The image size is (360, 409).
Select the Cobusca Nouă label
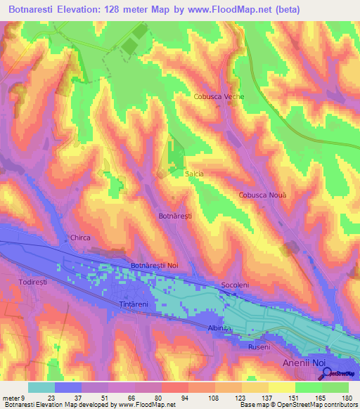(x=262, y=195)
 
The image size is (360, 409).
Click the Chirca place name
(x=80, y=238)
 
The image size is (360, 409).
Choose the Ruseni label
(x=259, y=347)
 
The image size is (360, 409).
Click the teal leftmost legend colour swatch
(x=41, y=387)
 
